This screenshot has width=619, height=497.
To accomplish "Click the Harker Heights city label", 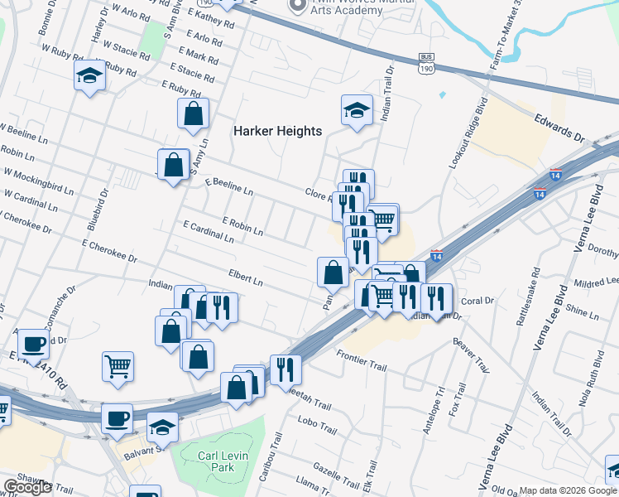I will pos(276,131).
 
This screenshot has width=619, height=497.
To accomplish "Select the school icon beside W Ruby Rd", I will pos(89,77).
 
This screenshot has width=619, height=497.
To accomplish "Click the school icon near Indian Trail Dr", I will pos(357,110).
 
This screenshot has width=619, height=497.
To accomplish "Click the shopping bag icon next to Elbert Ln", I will pos(333,271).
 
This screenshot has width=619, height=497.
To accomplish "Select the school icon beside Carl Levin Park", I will pos(163,427).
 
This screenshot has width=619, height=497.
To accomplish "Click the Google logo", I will pos(27,487).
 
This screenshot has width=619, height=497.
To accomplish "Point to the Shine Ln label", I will pos(583,313).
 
